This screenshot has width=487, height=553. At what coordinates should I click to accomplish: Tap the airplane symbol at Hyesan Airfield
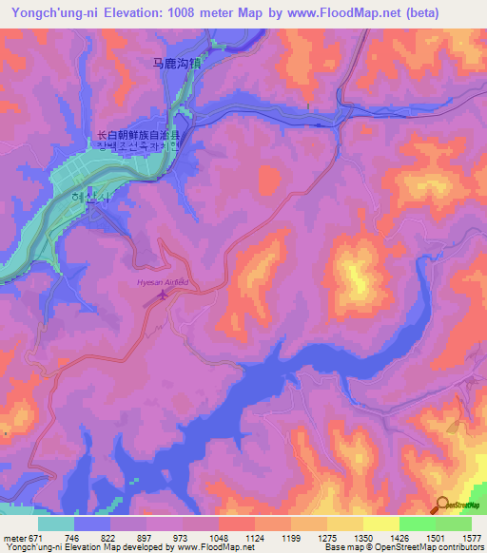pos(163,296)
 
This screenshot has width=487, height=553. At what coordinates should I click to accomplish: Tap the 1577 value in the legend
pos(471,537)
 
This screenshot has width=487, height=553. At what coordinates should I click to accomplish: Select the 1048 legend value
pos(218,537)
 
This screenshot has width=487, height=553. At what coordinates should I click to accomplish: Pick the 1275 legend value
pos(325,537)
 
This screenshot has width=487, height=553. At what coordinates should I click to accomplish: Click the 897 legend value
pos(146,537)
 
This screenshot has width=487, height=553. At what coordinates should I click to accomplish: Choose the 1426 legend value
pos(399,537)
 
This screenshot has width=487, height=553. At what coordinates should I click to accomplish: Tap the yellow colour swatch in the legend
pos(380,524)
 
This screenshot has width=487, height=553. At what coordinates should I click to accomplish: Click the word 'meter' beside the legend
pos(15,537)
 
